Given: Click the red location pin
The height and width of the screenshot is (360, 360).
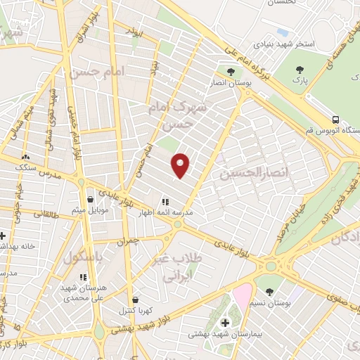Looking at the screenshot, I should pyautogui.click(x=181, y=165).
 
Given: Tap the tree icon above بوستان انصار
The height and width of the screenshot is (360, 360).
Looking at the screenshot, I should pyautogui.click(x=230, y=72).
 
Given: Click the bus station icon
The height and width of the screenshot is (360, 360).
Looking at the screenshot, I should pyautogui.click(x=336, y=120).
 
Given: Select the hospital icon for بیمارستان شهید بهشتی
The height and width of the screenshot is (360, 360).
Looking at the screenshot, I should pyautogui.click(x=225, y=323).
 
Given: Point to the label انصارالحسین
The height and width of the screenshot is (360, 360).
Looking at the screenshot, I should pyautogui.click(x=244, y=172).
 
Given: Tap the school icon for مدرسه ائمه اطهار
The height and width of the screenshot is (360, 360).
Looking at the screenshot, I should pyautogui.click(x=166, y=199).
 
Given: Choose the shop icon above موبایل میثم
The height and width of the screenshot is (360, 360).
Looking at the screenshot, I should pyautogui.click(x=89, y=200).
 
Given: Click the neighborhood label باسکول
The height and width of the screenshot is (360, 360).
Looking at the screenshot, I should pyautogui.click(x=84, y=258).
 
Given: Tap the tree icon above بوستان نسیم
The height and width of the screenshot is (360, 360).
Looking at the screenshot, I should pyautogui.click(x=269, y=292).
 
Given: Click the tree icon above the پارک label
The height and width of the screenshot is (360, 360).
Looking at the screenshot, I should pyautogui.click(x=300, y=69).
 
